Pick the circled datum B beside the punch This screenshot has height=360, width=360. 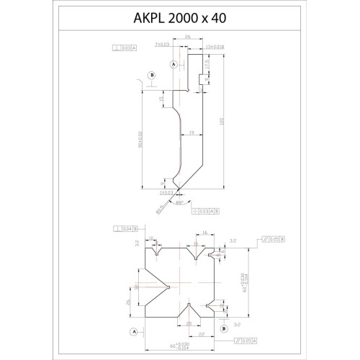tap(151, 75)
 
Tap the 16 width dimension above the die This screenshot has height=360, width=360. tap(204, 234)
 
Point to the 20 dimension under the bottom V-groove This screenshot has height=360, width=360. tap(189, 323)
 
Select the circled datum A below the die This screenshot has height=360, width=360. tap(134, 332)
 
